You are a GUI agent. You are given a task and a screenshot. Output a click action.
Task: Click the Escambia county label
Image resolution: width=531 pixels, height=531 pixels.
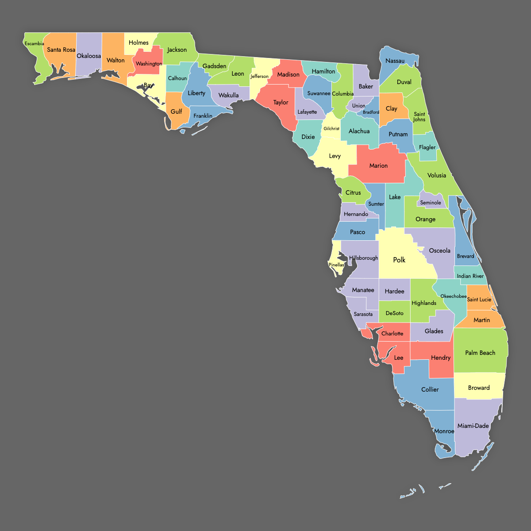click(34, 44)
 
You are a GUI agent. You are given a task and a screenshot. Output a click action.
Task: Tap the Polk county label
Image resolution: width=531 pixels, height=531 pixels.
click(399, 260)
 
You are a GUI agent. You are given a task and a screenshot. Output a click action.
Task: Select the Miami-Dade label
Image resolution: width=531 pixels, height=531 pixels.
click(473, 426)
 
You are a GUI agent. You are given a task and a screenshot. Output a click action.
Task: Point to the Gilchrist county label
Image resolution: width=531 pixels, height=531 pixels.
click(331, 129)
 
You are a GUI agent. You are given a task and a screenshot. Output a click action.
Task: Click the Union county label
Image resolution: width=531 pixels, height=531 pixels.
click(359, 106)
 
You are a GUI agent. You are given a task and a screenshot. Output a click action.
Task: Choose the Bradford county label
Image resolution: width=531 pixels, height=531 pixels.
click(371, 112)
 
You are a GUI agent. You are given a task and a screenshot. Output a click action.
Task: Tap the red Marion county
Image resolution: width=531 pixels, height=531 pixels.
click(378, 165)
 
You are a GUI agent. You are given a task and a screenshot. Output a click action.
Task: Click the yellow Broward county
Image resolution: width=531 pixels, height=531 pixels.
click(479, 388)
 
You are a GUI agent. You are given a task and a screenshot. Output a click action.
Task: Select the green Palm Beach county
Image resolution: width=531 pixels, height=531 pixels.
click(480, 353)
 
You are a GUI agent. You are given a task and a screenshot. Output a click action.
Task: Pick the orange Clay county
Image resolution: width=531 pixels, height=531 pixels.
click(391, 108)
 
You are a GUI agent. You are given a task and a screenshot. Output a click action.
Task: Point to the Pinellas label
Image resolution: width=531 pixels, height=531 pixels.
click(336, 265)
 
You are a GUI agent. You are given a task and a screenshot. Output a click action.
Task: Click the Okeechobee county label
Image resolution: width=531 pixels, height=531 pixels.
click(454, 296)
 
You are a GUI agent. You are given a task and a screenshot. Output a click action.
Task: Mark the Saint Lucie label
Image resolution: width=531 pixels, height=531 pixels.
click(479, 300)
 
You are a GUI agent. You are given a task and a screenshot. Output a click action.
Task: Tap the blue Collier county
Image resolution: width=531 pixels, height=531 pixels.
click(430, 389)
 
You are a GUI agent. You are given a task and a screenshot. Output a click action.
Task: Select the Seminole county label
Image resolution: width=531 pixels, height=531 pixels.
click(431, 203)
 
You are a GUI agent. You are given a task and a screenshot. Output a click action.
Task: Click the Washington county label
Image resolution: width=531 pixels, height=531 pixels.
click(149, 64)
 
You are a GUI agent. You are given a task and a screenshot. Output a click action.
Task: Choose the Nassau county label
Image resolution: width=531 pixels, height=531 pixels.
click(395, 61)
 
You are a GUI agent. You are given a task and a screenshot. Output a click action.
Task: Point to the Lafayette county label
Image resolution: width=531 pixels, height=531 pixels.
click(307, 112)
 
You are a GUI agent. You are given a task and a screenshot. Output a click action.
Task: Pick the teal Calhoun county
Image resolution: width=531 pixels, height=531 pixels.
click(177, 78)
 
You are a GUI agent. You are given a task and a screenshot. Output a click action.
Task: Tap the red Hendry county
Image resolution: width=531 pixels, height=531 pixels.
click(441, 358)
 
